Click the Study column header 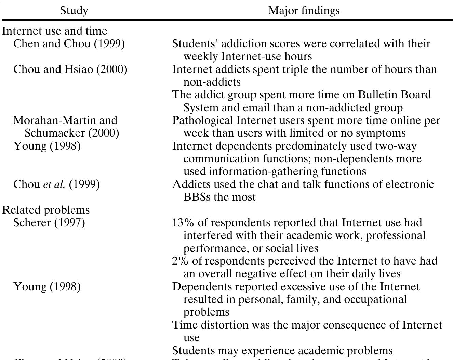(74, 10)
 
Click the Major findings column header (304, 10)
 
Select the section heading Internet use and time (54, 31)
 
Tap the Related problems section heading (46, 210)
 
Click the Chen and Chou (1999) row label (69, 43)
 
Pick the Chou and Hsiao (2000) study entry (70, 69)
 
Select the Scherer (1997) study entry (49, 222)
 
